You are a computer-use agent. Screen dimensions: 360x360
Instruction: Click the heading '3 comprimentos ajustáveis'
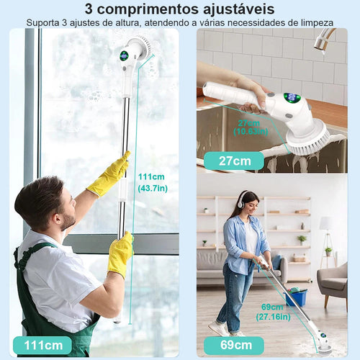[179, 9]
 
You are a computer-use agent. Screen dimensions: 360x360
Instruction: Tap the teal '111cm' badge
[42, 345]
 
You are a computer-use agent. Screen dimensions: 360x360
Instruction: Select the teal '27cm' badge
[233, 160]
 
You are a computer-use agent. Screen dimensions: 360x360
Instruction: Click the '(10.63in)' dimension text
[253, 132]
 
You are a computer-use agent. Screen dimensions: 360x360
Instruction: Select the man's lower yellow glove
[120, 253]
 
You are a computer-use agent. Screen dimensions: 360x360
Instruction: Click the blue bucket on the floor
[296, 297]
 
